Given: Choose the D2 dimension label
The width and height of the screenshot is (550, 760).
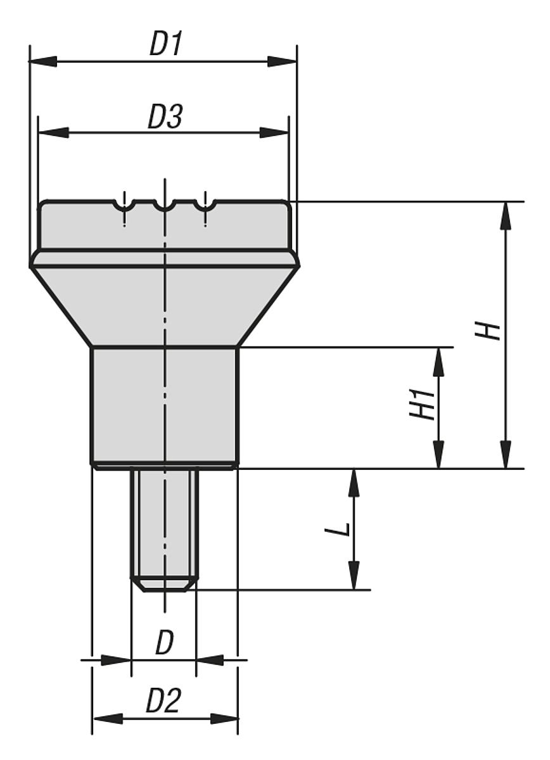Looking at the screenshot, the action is (x=163, y=702).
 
